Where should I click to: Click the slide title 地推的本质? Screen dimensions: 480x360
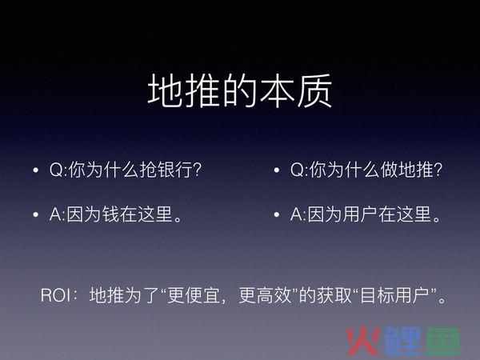pos(240,90)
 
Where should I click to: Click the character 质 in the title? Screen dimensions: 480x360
pos(315,90)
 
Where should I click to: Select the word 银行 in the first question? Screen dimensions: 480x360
pos(174,170)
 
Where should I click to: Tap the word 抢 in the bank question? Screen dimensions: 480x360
pos(148,170)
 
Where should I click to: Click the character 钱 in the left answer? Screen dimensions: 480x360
pos(111,214)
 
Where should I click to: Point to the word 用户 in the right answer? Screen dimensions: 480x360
pos(360,214)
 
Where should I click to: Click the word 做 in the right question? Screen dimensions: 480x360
pos(390,170)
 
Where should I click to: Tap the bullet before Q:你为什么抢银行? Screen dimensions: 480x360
pos(36,170)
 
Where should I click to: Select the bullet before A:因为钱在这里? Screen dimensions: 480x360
pos(36,214)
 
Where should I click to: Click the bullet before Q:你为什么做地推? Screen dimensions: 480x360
pos(277,170)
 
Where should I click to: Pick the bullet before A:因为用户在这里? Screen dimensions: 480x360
pos(277,214)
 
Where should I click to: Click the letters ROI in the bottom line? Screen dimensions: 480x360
pos(56,295)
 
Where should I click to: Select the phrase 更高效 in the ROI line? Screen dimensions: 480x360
pos(265,295)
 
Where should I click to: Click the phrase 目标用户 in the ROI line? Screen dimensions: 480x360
pos(395,295)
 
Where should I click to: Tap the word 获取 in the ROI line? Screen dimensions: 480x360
pos(334,295)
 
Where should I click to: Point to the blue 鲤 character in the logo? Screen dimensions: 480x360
pos(403,342)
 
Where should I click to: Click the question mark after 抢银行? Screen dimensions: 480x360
pos(197,170)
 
